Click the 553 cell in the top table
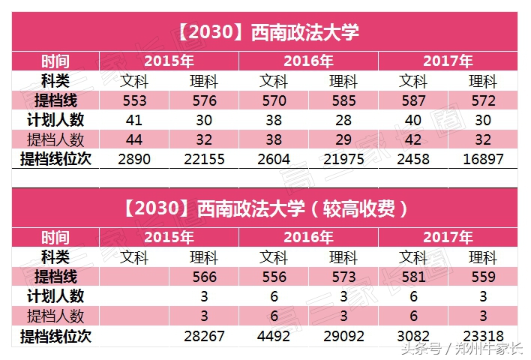point(134,100)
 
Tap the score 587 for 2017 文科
point(413,100)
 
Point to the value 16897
point(482,159)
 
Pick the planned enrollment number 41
point(134,120)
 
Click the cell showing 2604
point(274,159)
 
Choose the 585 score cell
point(343,100)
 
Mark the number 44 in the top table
point(134,139)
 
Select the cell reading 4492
point(274,336)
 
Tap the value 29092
point(343,336)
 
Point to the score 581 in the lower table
point(413,277)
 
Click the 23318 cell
point(482,336)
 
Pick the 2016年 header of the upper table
point(308,61)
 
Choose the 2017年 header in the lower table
point(448,238)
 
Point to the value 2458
point(413,159)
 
